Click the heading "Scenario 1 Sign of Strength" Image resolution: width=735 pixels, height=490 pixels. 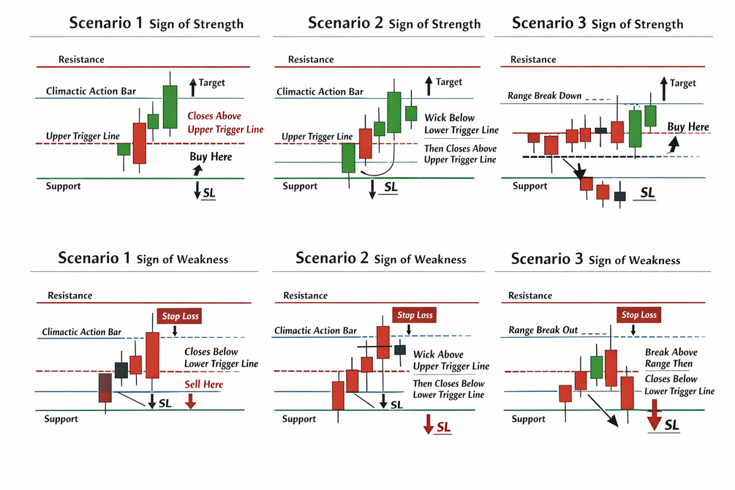pyautogui.click(x=156, y=23)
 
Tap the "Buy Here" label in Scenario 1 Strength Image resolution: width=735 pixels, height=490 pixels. pyautogui.click(x=211, y=157)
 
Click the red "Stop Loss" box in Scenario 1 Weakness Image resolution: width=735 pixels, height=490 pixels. pyautogui.click(x=179, y=315)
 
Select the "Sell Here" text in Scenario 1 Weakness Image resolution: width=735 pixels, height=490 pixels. pyautogui.click(x=204, y=384)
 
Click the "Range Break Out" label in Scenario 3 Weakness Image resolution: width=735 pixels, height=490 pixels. pyautogui.click(x=543, y=331)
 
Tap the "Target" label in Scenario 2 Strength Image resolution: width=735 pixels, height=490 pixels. pyautogui.click(x=449, y=82)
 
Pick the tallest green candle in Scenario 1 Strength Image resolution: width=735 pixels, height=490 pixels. pyautogui.click(x=170, y=107)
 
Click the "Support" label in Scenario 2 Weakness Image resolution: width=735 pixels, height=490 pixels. pyautogui.click(x=299, y=419)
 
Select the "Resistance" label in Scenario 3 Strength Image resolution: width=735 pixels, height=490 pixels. pyautogui.click(x=532, y=59)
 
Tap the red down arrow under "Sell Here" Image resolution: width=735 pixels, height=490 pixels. pyautogui.click(x=190, y=401)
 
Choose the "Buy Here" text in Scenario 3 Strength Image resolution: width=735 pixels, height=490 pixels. pyautogui.click(x=688, y=127)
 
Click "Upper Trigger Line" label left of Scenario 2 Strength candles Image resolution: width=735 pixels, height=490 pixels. pyautogui.click(x=317, y=137)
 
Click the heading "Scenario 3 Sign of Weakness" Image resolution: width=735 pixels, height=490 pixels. pyautogui.click(x=595, y=259)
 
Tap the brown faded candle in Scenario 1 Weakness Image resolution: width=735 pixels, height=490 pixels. pyautogui.click(x=105, y=388)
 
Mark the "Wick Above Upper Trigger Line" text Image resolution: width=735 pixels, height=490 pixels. pyautogui.click(x=451, y=361)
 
